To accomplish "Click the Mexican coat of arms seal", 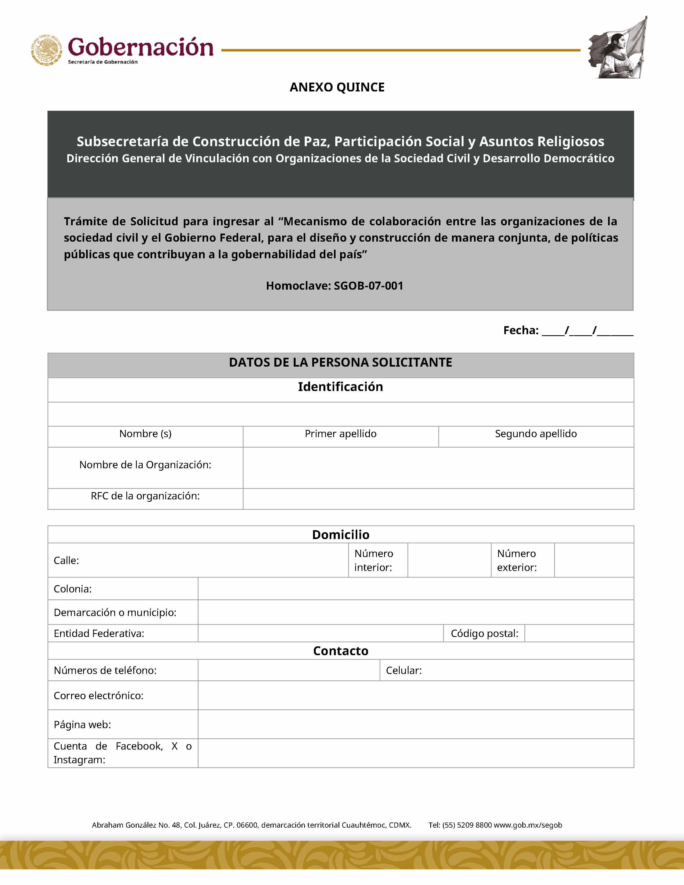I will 47,50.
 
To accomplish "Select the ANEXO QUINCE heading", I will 337,87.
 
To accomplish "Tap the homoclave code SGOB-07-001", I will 368,286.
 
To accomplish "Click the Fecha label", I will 521,330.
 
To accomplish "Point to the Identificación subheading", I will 340,386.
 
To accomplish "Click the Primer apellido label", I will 340,434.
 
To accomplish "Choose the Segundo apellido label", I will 536,434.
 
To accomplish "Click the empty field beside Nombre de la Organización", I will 438,468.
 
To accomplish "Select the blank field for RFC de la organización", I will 438,499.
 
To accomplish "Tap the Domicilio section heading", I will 340,534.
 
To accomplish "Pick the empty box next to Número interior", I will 449,560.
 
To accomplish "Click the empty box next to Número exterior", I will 594,560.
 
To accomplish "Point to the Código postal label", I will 484,633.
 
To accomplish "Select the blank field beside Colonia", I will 415,588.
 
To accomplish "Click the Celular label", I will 404,670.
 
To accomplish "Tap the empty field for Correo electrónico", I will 415,695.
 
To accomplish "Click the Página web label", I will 82,725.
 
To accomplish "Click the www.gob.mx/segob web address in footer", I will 528,825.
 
